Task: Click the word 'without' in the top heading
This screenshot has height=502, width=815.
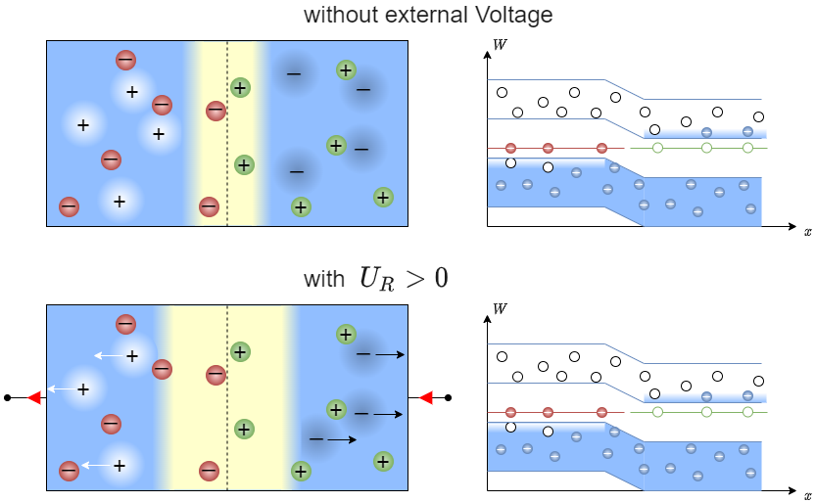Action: point(339,15)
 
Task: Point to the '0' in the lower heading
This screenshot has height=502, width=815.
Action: point(441,278)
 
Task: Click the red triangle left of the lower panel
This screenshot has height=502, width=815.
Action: point(33,397)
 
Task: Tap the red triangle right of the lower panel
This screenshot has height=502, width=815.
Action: point(425,397)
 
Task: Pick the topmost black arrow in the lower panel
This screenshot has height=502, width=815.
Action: point(389,354)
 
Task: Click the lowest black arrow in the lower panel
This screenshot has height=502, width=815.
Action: point(342,439)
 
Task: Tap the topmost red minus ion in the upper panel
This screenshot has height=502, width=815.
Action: point(125,60)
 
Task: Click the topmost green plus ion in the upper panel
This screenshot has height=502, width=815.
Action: point(346,69)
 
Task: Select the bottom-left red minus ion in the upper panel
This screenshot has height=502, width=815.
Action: point(69,206)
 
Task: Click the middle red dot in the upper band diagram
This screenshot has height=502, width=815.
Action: point(548,148)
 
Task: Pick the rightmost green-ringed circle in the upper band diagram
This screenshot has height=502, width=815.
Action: point(747,148)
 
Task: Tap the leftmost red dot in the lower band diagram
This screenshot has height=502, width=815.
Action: point(510,412)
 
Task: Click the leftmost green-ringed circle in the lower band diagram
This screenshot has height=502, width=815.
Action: point(657,412)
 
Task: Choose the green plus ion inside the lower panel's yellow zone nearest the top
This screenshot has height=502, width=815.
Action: point(240,351)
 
